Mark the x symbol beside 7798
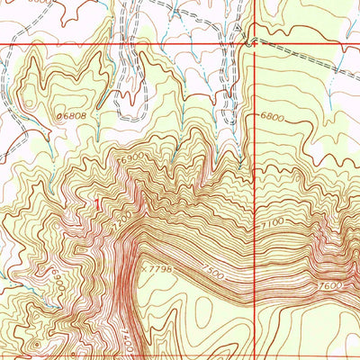[x=142, y=266]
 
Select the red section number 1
[x=97, y=204]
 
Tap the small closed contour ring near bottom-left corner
[x=11, y=346]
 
